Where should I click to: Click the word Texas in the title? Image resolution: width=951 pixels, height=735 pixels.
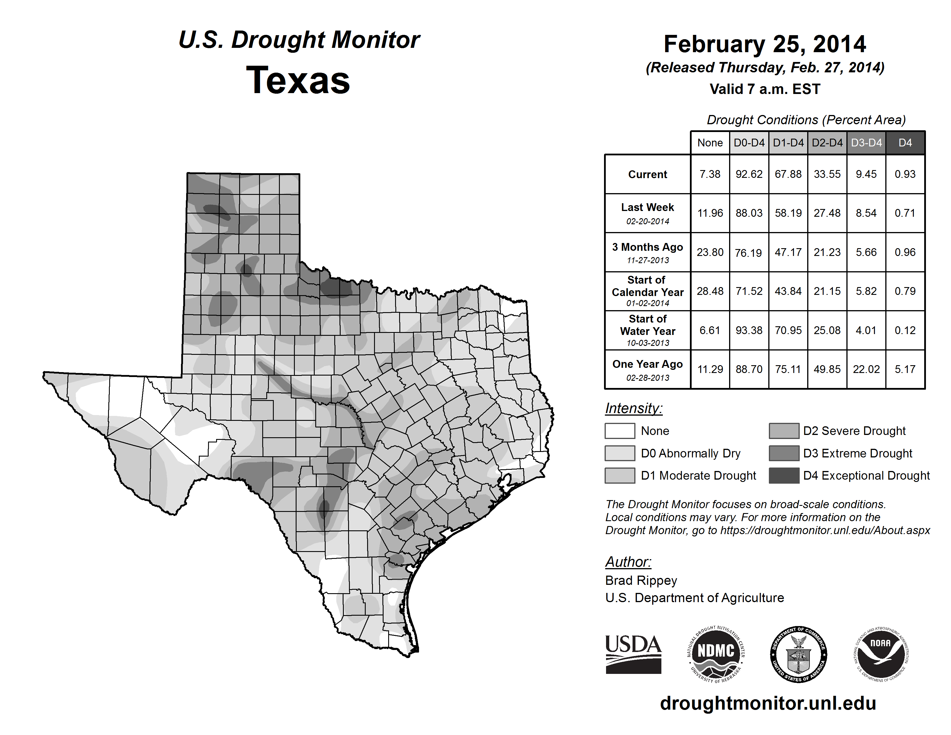coord(298,80)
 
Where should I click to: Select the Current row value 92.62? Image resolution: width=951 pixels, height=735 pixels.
coord(749,174)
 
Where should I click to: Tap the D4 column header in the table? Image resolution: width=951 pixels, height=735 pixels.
coord(905,143)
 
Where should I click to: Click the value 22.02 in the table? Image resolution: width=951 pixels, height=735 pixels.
coord(866,369)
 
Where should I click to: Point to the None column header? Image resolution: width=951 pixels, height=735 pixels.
coord(710,143)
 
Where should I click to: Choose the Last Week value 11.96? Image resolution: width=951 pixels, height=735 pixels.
coord(710,213)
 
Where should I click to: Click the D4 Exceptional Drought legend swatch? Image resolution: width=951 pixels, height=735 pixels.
coord(784,476)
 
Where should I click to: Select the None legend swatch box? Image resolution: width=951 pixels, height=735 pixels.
coord(620,431)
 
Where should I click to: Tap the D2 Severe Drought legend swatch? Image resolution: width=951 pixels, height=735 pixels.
coord(784,431)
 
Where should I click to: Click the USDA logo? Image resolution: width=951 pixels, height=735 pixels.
coord(633,654)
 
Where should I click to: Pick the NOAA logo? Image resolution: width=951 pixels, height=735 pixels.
coord(880,654)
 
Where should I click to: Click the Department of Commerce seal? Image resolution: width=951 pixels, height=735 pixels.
coord(799,654)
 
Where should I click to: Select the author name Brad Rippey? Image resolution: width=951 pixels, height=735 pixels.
coord(641,581)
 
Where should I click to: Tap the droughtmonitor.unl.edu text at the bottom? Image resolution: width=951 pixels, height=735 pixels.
coord(768,703)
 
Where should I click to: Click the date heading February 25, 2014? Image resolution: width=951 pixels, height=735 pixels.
coord(765,44)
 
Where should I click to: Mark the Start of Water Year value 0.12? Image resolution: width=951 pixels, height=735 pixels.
coord(905,331)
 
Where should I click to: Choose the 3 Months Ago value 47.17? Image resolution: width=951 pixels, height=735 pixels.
coord(788,252)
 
